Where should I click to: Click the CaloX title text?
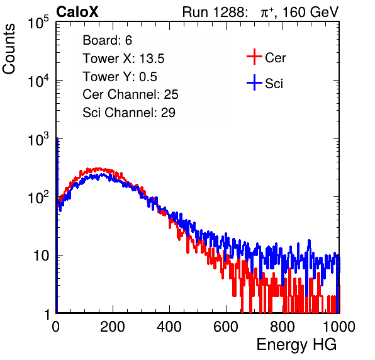[x=77, y=12]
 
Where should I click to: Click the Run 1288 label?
[x=214, y=12]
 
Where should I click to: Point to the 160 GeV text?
[x=310, y=12]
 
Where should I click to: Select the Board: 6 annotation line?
[x=107, y=40]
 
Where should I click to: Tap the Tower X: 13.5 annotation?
[x=123, y=59]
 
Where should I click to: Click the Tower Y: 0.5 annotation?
[x=120, y=77]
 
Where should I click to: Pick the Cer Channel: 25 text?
[x=130, y=94]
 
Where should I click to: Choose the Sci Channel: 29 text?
[x=129, y=113]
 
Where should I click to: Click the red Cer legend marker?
[x=254, y=57]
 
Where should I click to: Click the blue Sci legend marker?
[x=254, y=82]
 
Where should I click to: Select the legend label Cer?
[x=275, y=58]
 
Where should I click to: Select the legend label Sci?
[x=274, y=84]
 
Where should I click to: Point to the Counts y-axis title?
[x=9, y=49]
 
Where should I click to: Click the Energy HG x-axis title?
[x=296, y=345]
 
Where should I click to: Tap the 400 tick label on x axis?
[x=169, y=327]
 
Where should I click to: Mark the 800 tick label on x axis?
[x=283, y=327]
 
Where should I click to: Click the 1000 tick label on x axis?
[x=339, y=327]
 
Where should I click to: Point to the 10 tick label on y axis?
[x=41, y=256]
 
